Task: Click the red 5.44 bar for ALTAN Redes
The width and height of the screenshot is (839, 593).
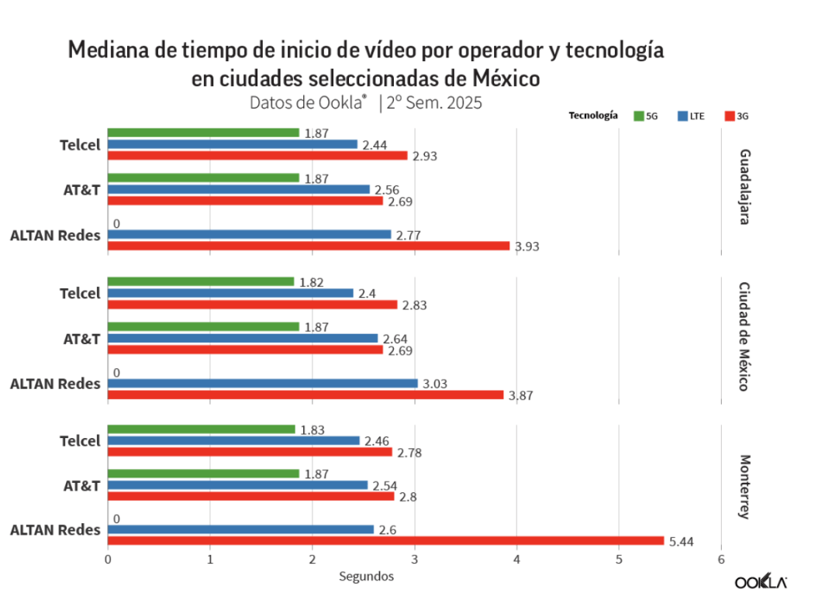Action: pos(386,540)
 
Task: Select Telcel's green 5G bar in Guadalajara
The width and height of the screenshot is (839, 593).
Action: pos(203,133)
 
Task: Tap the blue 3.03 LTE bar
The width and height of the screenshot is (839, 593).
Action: pos(263,384)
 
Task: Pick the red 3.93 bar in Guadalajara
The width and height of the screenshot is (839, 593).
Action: pos(309,246)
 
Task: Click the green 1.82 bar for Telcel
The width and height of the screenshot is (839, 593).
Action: pos(201,281)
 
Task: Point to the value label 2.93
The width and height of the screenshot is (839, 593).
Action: pos(425,156)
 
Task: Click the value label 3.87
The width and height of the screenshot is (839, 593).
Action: pos(520,395)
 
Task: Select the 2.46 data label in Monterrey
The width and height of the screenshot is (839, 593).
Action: pos(377,441)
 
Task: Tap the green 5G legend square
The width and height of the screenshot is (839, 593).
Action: pos(639,116)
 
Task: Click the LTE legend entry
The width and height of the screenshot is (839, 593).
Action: pos(692,116)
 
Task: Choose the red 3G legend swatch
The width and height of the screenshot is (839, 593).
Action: pos(730,116)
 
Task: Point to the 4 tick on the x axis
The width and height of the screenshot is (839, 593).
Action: pos(517,560)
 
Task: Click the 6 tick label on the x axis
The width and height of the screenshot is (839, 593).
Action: pos(721,560)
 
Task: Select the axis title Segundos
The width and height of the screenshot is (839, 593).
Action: pos(367,577)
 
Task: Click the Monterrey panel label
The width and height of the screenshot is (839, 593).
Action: pos(744,487)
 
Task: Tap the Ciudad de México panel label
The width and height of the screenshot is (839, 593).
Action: pos(744,337)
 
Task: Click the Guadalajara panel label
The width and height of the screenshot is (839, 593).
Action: pos(744,187)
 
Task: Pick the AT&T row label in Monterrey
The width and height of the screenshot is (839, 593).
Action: pos(82,485)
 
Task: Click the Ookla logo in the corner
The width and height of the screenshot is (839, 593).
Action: pos(761,581)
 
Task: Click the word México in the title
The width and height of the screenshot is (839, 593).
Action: pos(506,78)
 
